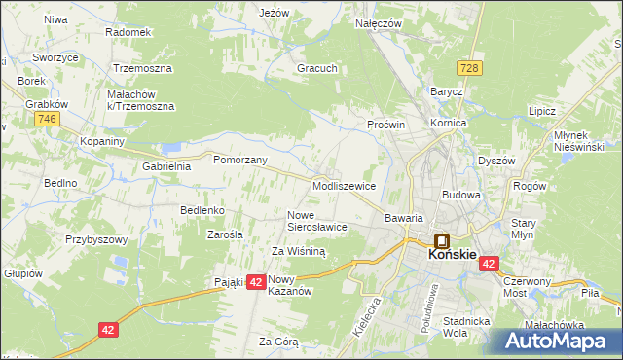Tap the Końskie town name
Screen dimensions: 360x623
pyautogui.click(x=452, y=255)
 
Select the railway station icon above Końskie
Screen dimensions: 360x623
pyautogui.click(x=440, y=239)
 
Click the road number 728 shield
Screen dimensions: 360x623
pyautogui.click(x=470, y=67)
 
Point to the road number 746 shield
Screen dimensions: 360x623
pyautogui.click(x=45, y=118)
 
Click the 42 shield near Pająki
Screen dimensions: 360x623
pyautogui.click(x=255, y=281)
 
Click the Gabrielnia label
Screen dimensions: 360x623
pyautogui.click(x=166, y=166)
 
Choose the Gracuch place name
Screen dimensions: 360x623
pyautogui.click(x=317, y=69)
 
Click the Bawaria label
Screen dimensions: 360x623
pyautogui.click(x=404, y=219)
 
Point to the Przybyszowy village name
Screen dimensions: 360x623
pyautogui.click(x=96, y=238)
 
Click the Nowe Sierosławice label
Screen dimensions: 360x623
pyautogui.click(x=317, y=220)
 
